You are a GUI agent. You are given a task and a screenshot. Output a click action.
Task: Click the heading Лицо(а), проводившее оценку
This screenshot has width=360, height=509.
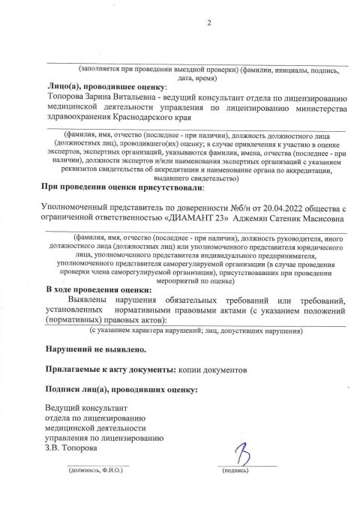tap(97, 88)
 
